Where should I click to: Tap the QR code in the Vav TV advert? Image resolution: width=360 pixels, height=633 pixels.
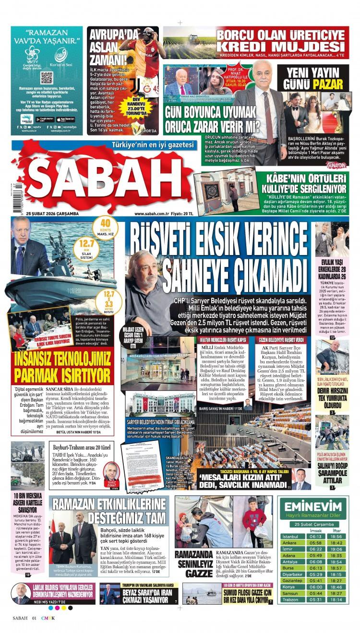click(x=47, y=78)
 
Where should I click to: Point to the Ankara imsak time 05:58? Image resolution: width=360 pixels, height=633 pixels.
click(x=315, y=543)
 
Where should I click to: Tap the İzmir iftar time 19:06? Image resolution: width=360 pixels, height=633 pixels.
click(x=336, y=549)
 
